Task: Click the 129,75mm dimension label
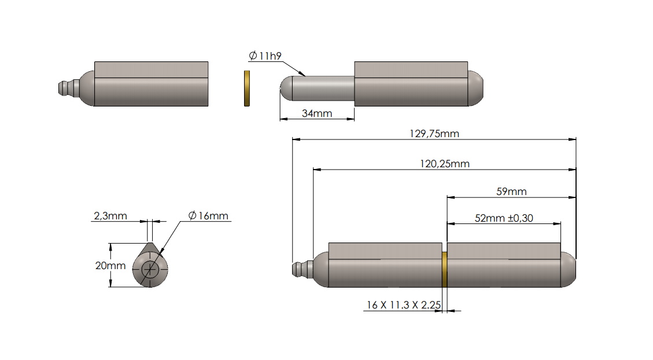(x=434, y=133)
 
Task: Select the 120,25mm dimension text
(x=444, y=164)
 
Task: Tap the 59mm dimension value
(x=511, y=192)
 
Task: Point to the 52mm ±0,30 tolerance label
(x=504, y=218)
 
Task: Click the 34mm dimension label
(x=317, y=113)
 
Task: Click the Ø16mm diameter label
(x=208, y=216)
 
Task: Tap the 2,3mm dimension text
(x=110, y=216)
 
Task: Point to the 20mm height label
(x=110, y=266)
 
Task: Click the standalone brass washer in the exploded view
(x=246, y=89)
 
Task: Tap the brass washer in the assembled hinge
(x=444, y=270)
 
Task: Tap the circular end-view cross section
(x=150, y=270)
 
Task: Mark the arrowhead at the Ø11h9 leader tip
(x=304, y=75)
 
